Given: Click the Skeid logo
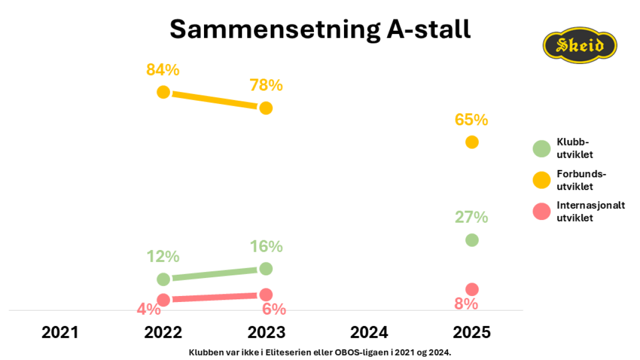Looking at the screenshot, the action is (580, 45).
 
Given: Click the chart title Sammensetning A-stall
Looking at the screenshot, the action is (320, 30).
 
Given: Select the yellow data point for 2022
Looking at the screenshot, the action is (163, 92).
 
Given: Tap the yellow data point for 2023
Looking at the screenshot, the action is (266, 108).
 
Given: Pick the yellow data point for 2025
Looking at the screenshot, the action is (472, 142).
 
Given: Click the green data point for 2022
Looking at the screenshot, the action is (163, 279).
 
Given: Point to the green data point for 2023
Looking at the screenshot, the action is (266, 269).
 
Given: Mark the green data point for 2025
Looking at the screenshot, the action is (472, 240).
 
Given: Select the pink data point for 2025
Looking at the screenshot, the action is (472, 289).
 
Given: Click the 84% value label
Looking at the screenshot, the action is (163, 70).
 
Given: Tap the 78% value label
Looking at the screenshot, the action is (266, 85).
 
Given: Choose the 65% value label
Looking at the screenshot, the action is (472, 120).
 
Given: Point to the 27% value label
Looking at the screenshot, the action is (472, 217).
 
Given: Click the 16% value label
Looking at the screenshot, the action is (266, 247).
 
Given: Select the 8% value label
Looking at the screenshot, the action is (466, 304).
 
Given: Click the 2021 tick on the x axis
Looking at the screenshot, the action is (60, 333).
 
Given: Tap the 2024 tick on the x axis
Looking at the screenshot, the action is (369, 333).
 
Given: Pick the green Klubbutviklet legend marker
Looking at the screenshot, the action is (542, 149).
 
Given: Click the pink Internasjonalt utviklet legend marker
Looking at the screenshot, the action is (542, 211).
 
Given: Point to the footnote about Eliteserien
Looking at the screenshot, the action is (320, 352).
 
